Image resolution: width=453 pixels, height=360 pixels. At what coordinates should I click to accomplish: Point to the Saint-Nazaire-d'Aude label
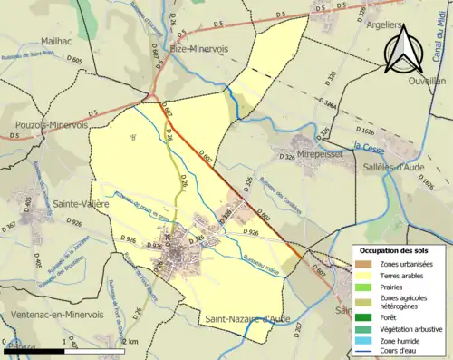pyautogui.click(x=246, y=317)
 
